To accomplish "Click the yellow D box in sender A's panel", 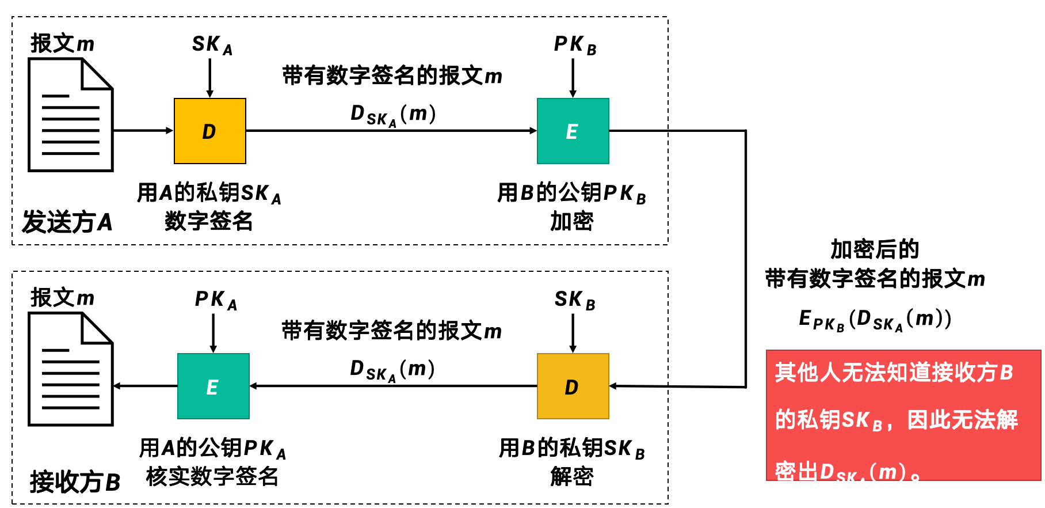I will tap(209, 131).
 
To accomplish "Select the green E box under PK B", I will tap(573, 131).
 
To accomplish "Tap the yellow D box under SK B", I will tap(573, 386).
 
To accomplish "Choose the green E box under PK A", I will tap(213, 386).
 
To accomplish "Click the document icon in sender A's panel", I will tap(71, 115).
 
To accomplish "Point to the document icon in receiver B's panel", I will tap(71, 370).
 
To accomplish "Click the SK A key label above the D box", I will tap(212, 45).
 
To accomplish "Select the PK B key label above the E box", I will tap(574, 45).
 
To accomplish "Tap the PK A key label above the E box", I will tap(215, 300).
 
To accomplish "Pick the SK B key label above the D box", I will tap(574, 300).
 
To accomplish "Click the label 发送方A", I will tap(67, 222).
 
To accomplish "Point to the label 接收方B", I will tap(75, 482).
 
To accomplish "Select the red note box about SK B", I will tap(903, 415).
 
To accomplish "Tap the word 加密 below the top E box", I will tap(571, 221).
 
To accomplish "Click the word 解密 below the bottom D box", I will tap(571, 476).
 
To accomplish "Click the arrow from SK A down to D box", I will tap(210, 78).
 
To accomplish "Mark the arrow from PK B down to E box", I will tap(573, 78).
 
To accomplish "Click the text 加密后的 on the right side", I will tap(874, 249).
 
